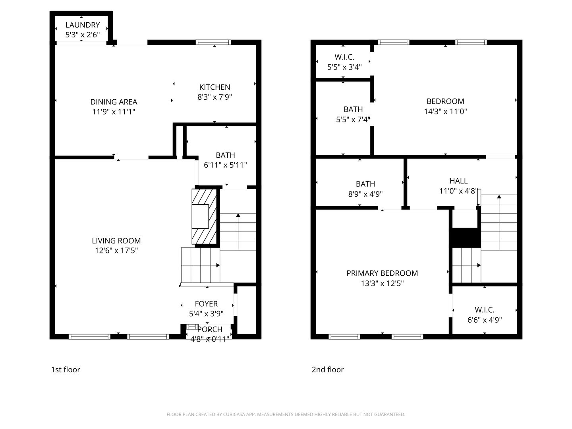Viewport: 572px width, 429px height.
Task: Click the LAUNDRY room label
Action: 82,25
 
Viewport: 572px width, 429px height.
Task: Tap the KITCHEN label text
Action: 214,87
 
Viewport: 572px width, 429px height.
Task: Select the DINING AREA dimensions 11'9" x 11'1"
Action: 114,112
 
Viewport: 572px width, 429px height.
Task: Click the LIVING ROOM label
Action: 116,241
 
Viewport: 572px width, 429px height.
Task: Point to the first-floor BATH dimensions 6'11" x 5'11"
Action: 225,165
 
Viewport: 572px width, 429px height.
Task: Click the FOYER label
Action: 206,304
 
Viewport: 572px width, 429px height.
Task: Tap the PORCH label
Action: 210,329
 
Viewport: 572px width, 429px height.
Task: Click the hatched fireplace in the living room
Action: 204,216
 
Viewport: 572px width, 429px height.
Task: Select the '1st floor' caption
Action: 66,370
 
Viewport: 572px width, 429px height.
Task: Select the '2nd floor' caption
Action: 327,370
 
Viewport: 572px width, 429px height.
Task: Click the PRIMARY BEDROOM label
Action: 382,273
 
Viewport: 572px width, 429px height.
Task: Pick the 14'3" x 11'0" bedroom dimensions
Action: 445,112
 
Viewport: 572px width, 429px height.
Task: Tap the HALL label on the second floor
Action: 458,181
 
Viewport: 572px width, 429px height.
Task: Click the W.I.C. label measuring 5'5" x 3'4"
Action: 344,57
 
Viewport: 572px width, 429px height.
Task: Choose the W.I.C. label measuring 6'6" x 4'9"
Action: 484,310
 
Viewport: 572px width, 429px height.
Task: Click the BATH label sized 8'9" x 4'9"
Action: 365,184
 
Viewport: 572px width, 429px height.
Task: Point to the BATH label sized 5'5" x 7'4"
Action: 353,109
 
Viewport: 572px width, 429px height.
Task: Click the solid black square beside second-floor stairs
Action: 465,238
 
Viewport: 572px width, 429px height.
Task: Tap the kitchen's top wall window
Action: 213,43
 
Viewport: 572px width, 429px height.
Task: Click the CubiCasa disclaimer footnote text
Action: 286,414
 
